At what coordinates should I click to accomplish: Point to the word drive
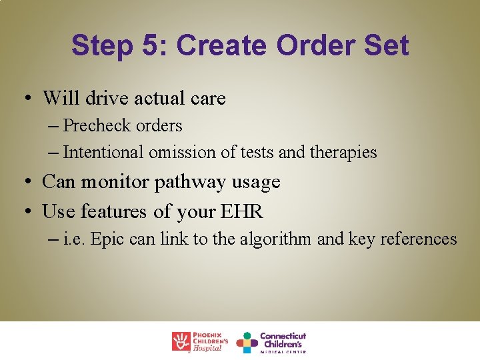(x=105, y=99)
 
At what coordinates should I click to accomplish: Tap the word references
(x=419, y=239)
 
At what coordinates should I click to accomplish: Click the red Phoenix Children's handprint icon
(x=181, y=342)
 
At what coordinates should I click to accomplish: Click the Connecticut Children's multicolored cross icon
(x=247, y=342)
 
